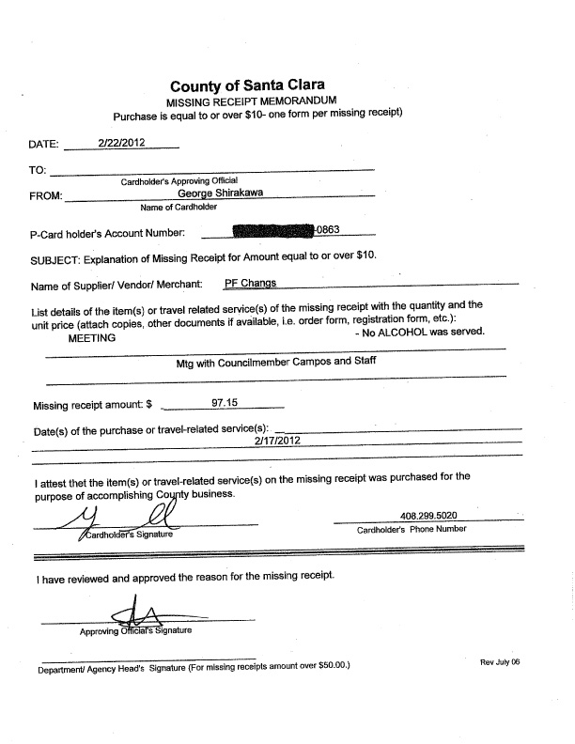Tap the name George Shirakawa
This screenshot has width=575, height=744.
pos(234,194)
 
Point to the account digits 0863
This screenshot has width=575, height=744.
pos(327,229)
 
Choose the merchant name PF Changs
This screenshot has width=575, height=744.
pos(250,282)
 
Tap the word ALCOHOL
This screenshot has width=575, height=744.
pos(408,332)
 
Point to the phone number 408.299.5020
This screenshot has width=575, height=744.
pos(429,516)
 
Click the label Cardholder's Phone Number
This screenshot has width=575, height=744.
pos(412,529)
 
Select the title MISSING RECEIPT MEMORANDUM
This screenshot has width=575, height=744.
pos(252,100)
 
